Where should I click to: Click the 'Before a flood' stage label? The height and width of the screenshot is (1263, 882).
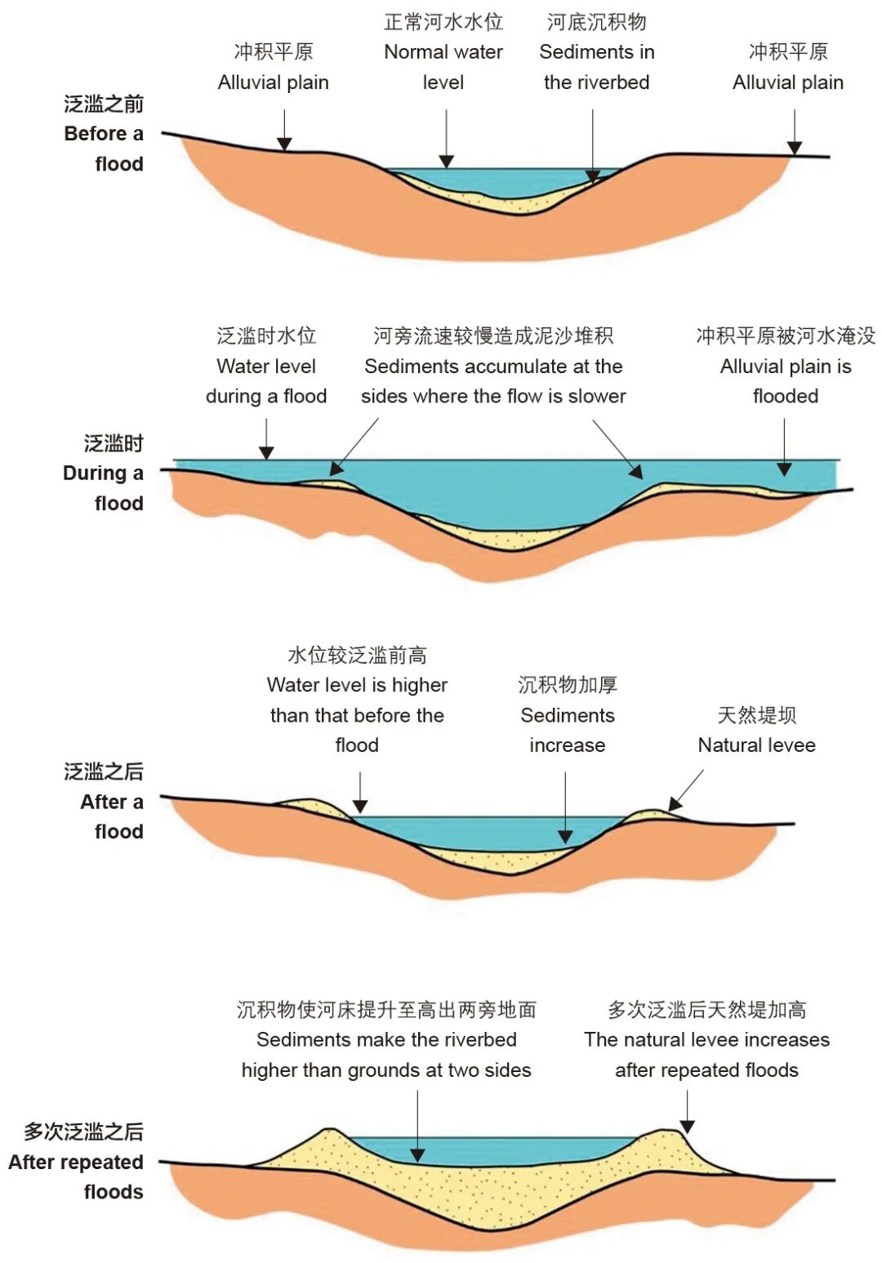click(104, 134)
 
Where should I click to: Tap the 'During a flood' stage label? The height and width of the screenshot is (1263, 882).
click(104, 474)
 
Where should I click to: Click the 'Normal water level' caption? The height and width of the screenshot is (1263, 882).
click(443, 52)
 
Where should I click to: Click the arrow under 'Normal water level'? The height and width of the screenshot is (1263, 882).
click(446, 138)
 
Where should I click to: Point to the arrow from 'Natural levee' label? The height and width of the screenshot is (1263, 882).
click(685, 789)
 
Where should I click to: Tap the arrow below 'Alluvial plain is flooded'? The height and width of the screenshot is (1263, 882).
click(784, 447)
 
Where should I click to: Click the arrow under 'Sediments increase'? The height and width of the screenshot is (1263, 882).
click(565, 807)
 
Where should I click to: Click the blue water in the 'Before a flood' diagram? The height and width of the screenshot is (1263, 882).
click(490, 181)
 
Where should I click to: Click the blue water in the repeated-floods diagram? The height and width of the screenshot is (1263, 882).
click(490, 1151)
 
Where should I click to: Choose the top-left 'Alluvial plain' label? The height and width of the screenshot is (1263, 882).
click(274, 67)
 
